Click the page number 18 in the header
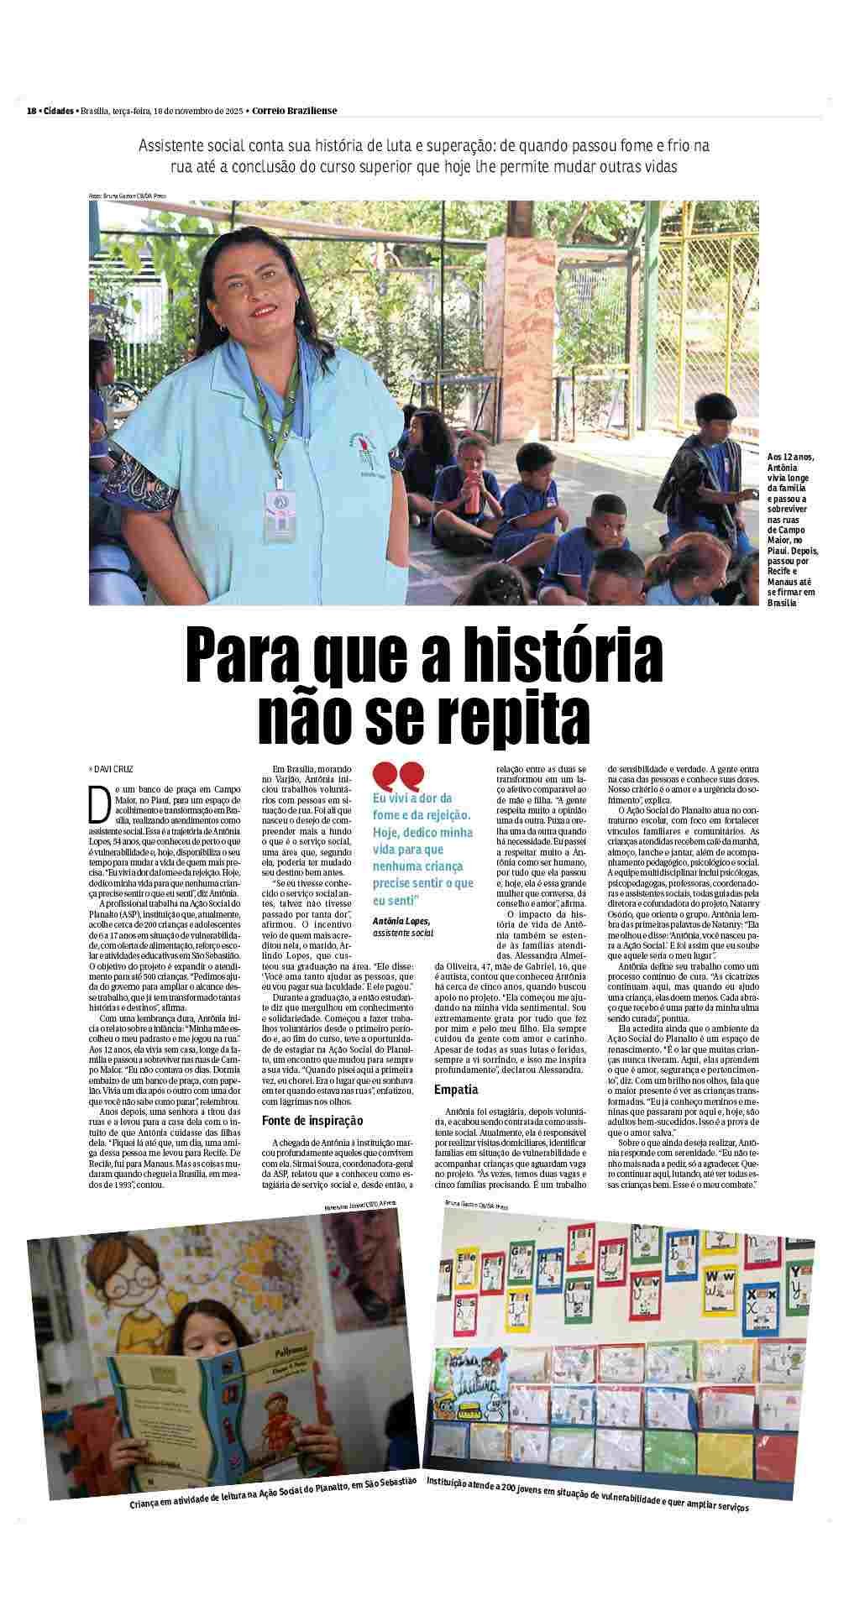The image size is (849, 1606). click(31, 111)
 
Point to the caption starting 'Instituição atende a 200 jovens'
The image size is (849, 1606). click(587, 1509)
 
